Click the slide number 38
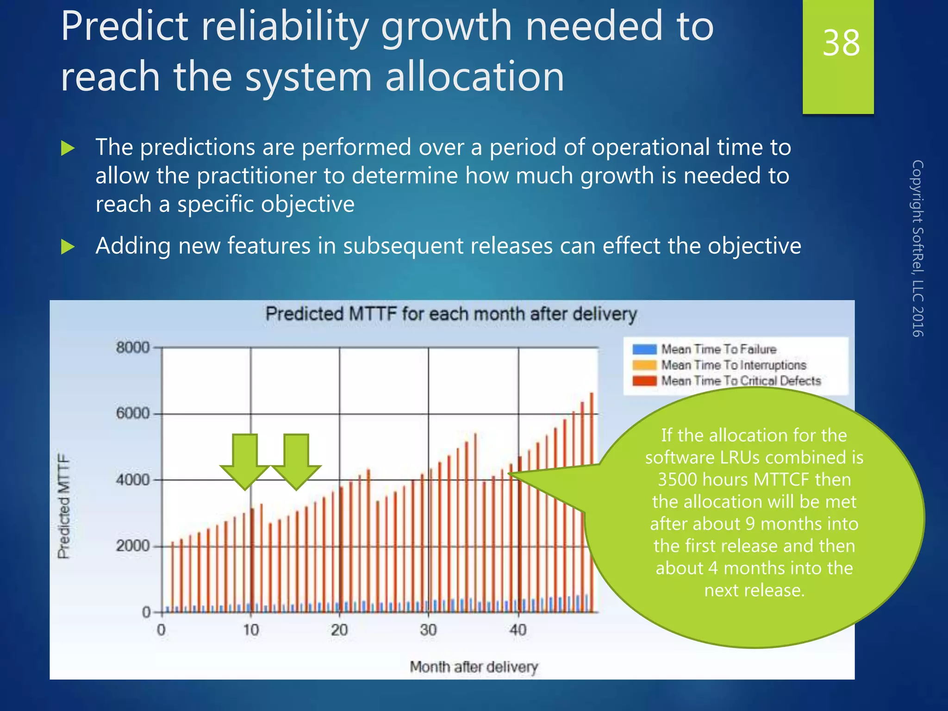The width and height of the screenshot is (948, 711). [x=841, y=43]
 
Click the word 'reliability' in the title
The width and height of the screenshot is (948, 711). [x=284, y=27]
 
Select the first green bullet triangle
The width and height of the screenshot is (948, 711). [x=68, y=149]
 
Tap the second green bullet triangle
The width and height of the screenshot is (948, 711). [x=68, y=247]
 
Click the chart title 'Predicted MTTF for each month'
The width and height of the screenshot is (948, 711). [x=451, y=314]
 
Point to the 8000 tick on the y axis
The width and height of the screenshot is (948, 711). [x=133, y=347]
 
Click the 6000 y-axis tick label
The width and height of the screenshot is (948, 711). [x=133, y=413]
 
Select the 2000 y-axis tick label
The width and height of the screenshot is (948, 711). [x=133, y=546]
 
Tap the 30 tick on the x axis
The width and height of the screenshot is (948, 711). [x=428, y=630]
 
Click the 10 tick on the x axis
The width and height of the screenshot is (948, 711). [x=251, y=630]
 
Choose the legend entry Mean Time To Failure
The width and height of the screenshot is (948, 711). [x=718, y=349]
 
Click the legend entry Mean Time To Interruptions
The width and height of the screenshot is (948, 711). [x=733, y=365]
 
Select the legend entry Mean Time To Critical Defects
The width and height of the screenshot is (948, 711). [x=741, y=380]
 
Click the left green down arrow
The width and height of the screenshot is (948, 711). [x=245, y=461]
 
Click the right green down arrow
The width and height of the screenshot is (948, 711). [x=296, y=461]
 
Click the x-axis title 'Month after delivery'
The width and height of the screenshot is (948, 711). [x=474, y=667]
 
